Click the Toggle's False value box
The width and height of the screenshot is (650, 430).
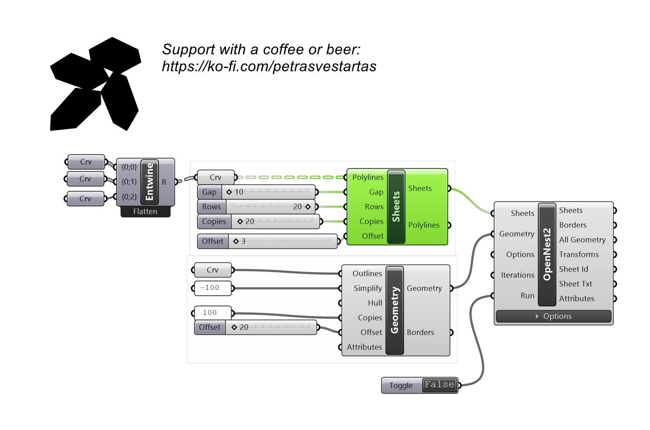439,385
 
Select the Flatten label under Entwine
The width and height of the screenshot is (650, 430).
145,212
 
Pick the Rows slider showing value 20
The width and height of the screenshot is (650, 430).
257,207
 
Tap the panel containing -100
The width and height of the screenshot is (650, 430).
212,288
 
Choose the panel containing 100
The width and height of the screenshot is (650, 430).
212,313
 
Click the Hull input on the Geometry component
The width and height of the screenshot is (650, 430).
375,303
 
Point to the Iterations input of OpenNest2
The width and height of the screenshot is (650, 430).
517,275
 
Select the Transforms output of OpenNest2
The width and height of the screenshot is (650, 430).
579,254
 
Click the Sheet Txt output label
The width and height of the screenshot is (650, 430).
576,284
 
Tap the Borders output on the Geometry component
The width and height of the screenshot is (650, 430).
420,332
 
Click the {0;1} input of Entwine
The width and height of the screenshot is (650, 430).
129,182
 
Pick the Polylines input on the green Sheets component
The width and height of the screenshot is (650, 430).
368,177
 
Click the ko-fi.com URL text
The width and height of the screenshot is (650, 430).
269,67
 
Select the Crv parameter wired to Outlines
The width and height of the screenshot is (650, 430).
212,270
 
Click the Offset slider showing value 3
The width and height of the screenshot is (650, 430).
268,241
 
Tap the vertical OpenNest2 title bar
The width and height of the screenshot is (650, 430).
547,254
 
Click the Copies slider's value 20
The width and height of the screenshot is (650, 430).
250,221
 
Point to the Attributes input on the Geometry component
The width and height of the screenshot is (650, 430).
364,347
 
